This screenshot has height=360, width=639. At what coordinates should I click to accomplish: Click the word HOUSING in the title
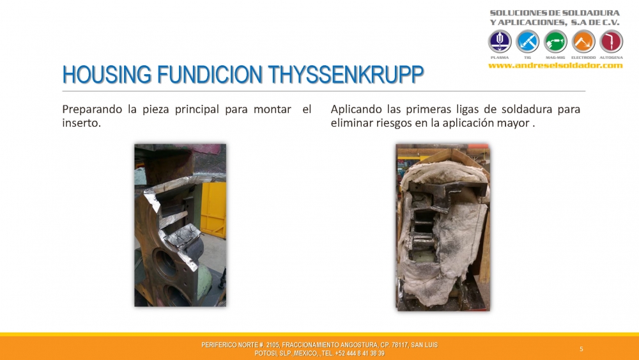(107, 74)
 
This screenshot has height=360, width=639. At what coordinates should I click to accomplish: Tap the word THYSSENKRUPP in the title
(346, 74)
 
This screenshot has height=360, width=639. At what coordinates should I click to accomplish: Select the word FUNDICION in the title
(210, 74)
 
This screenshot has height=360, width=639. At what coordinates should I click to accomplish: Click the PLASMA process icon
(500, 41)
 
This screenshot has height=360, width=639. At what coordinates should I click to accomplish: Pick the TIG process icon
(527, 41)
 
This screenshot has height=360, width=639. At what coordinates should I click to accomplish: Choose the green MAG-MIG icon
(555, 41)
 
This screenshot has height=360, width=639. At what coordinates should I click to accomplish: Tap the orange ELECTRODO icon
(583, 41)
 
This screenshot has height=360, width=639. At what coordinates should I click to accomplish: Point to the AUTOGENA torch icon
(611, 41)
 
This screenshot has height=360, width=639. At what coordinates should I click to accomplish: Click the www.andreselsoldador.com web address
(555, 65)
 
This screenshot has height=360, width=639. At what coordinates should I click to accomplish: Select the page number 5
(581, 349)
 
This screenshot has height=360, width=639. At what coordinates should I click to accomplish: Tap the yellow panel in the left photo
(213, 210)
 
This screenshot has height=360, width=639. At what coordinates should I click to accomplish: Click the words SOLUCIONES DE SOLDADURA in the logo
(555, 13)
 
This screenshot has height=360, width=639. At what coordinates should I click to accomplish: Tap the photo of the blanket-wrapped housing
(443, 227)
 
